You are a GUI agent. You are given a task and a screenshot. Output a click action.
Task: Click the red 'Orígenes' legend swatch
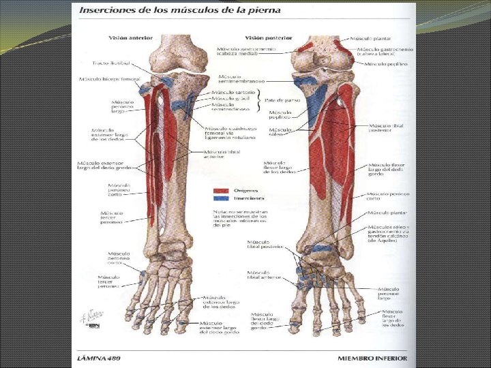click(x=220, y=191)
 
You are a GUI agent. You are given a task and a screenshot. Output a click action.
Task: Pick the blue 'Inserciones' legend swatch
click(x=220, y=198)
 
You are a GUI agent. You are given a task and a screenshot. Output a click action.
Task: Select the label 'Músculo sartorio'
click(x=233, y=91)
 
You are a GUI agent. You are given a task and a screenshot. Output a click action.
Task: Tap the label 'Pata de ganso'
click(x=276, y=101)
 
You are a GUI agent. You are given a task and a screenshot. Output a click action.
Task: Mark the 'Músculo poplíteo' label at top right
click(x=386, y=63)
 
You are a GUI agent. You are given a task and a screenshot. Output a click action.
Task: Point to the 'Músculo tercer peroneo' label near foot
click(x=109, y=281)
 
